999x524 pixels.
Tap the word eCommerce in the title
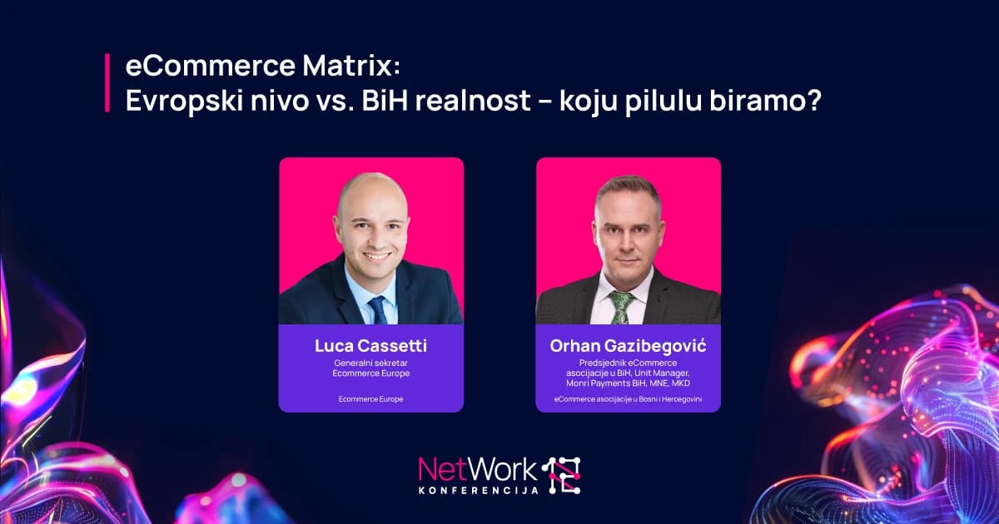point(211,65)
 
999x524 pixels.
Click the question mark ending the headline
point(813,100)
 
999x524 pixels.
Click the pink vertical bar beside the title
point(107,82)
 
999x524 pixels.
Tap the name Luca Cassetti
point(370,346)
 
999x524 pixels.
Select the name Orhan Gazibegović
point(628,346)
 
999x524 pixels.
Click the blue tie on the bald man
point(378,309)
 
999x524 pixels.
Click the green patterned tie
point(622,308)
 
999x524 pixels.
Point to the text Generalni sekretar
point(370,363)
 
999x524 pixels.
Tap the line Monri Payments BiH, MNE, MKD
point(628,383)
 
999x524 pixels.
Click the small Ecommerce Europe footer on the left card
point(370,399)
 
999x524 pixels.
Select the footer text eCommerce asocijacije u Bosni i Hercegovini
point(628,399)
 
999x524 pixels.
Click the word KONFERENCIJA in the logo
point(479,491)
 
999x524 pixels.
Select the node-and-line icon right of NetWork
point(561,475)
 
